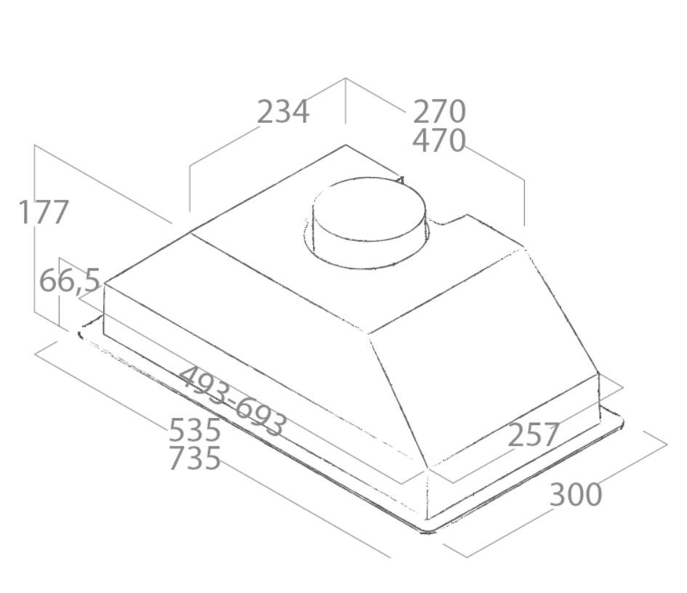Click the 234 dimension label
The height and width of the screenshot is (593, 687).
coord(283,112)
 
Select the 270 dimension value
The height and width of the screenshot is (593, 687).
coord(438,112)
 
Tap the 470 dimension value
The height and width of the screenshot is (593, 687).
coord(438,140)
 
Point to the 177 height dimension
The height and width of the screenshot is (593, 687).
coord(44,212)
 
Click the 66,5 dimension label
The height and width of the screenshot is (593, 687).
coord(69,281)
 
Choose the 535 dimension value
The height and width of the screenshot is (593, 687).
coord(194,430)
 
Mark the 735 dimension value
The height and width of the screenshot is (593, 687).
coord(194,459)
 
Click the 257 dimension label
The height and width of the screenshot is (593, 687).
coord(533,435)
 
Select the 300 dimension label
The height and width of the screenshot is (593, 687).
coord(576,495)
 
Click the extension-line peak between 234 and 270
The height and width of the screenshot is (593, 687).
coord(345,78)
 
